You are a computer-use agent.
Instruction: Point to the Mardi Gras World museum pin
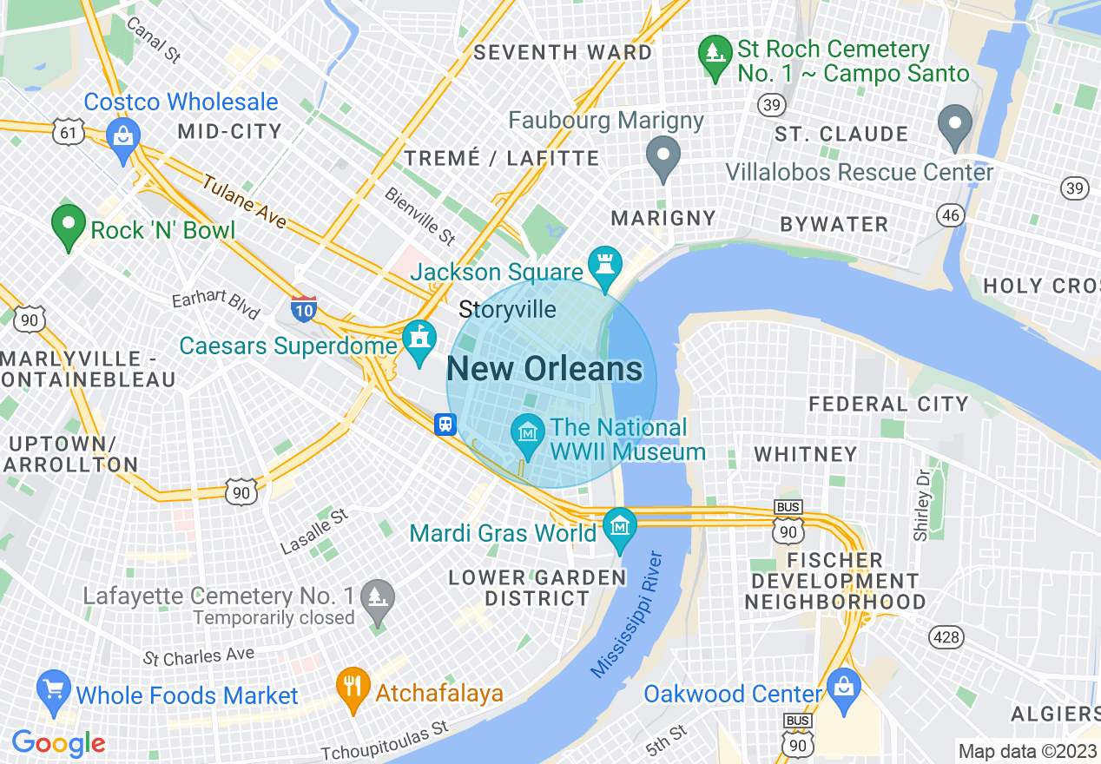620,527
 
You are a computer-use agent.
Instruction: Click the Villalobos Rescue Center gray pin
956,126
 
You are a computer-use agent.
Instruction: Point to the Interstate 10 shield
303,308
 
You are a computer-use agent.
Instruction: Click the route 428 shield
946,637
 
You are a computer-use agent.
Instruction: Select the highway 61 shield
67,132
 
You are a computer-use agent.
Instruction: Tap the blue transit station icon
445,424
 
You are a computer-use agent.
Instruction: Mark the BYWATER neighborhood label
834,224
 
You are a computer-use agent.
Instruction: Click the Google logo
58,743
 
